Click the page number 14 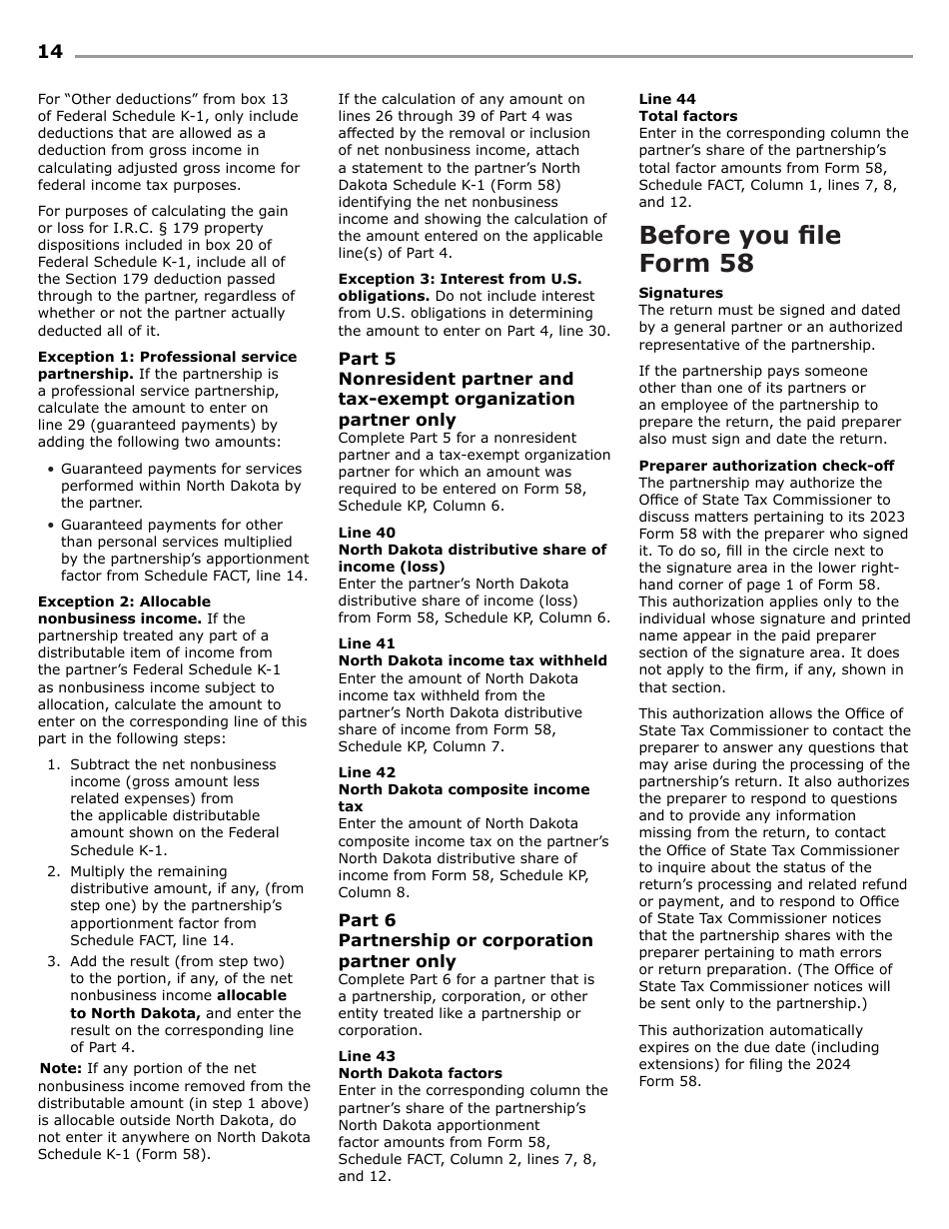coord(50,52)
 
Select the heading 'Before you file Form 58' coord(739,250)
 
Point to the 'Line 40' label coord(367,533)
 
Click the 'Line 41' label coord(367,643)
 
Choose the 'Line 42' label coord(367,772)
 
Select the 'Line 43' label coord(367,1056)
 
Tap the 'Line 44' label coord(667,99)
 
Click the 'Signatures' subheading coord(680,293)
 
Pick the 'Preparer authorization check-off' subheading coord(766,466)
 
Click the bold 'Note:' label coord(60,1068)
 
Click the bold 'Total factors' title coord(687,116)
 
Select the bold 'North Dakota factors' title coord(420,1073)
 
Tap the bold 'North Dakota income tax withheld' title coord(472,660)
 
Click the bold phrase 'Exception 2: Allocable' coord(124,602)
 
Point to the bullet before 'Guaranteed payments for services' coord(50,470)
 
